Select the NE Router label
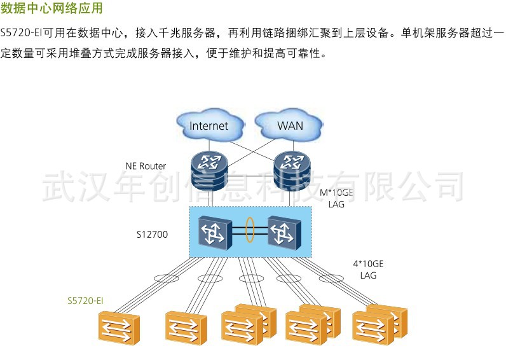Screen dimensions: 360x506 coord(146,166)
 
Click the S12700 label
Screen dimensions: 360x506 coord(152,234)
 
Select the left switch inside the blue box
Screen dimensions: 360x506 coord(213,232)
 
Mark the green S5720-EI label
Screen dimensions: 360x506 coord(85,300)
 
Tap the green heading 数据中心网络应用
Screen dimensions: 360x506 coord(51,9)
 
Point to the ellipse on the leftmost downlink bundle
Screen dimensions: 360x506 coord(166,278)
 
